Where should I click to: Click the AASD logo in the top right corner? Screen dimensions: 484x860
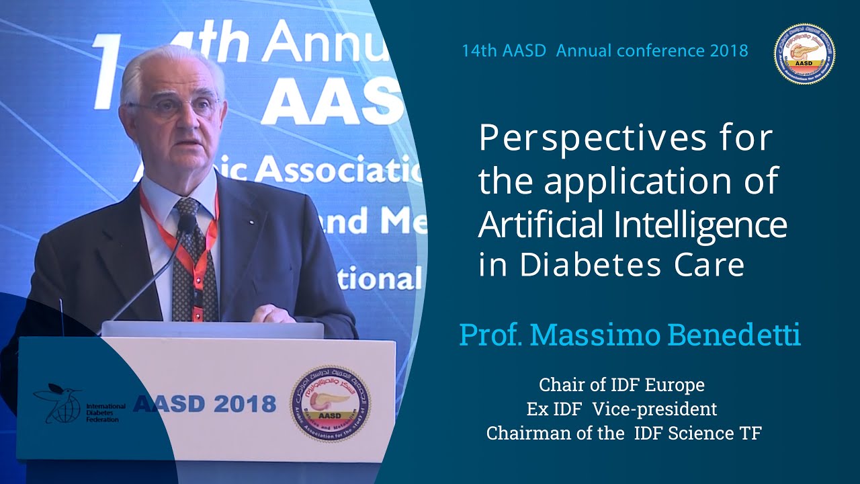click(804, 53)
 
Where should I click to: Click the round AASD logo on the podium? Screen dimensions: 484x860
click(330, 403)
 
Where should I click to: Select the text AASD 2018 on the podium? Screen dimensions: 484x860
click(204, 404)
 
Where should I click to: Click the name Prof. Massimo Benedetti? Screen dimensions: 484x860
click(630, 335)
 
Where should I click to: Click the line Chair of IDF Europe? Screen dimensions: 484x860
click(621, 385)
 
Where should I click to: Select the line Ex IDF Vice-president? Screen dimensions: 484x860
click(621, 409)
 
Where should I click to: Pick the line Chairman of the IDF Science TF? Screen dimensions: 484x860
click(623, 433)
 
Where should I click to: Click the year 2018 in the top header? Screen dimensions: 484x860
click(728, 51)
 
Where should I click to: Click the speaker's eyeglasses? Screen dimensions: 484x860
click(176, 106)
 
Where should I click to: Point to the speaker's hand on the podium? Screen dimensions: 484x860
click(271, 314)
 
